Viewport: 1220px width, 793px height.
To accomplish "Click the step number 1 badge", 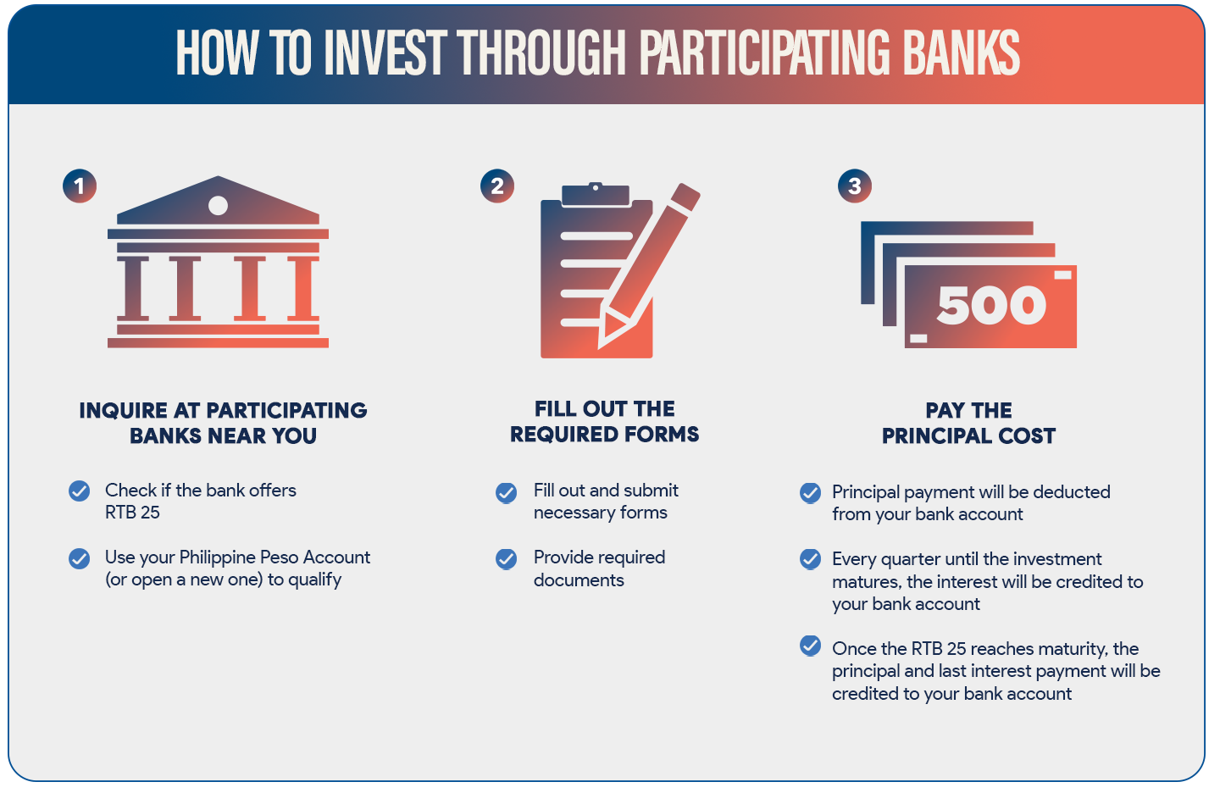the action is coord(80,186).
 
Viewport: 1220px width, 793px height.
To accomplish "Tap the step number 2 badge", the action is coord(497,186).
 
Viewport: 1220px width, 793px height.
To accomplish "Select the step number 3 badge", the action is coord(855,186).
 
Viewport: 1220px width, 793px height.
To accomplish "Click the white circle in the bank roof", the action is coord(218,205).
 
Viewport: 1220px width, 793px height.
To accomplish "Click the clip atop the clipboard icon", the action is coord(596,194).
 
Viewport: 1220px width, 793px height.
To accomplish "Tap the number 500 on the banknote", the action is coord(991,305).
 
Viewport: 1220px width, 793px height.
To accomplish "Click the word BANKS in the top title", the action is coord(962,53).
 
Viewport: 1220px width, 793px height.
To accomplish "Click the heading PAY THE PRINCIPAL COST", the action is coord(968,423).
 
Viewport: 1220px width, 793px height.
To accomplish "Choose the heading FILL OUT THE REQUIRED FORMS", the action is coord(605,422).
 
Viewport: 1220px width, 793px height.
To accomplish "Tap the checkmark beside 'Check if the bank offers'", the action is coord(80,491).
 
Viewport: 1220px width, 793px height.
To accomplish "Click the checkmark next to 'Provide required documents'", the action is coord(506,559).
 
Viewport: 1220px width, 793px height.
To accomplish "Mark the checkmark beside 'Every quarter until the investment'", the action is coord(810,559).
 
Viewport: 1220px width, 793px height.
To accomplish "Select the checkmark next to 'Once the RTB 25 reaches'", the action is coord(810,646).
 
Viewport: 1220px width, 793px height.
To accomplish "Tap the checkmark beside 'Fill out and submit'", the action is coord(506,492).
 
